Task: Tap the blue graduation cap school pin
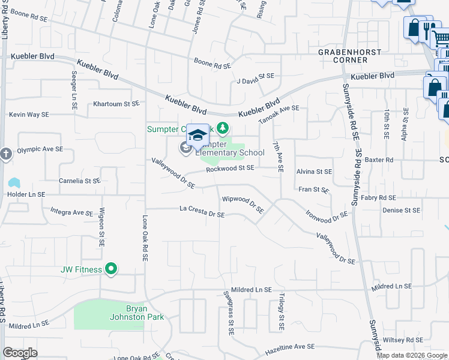pos(197,136)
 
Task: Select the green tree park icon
pos(223,128)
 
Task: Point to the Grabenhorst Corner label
pos(351,56)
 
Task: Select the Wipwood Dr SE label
pos(243,204)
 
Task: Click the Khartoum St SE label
pos(116,104)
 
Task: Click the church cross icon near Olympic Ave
pos(6,153)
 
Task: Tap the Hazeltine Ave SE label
pos(291,347)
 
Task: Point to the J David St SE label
pos(255,78)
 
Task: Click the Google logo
pos(20,353)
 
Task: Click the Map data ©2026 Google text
pos(412,355)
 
